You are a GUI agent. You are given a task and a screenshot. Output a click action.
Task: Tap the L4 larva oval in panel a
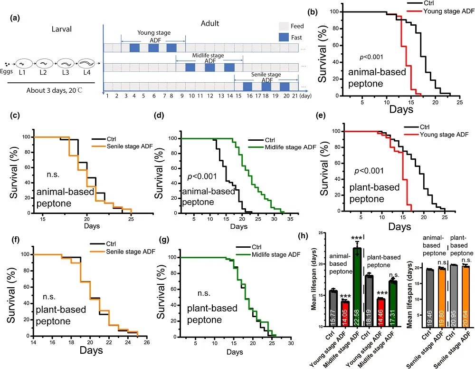click(86, 63)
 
